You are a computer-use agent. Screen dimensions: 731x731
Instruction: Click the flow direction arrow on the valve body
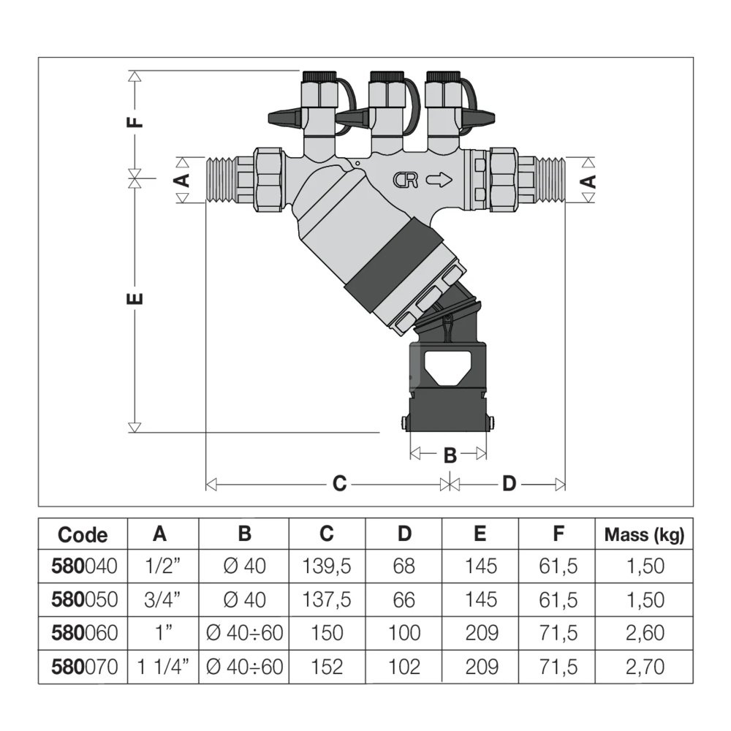(440, 180)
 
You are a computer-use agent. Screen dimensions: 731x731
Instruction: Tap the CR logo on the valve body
(406, 180)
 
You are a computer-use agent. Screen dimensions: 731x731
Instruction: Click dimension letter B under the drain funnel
(450, 455)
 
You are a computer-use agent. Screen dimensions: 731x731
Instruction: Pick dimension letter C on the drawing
(339, 484)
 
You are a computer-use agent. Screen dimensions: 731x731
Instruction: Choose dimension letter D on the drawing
(509, 484)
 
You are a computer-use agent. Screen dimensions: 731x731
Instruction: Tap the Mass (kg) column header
(644, 534)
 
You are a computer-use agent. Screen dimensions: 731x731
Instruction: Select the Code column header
(83, 535)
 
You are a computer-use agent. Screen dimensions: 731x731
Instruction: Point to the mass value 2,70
(644, 667)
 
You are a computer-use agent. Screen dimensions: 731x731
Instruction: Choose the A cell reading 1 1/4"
(162, 667)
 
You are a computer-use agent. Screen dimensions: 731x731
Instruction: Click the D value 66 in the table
(404, 600)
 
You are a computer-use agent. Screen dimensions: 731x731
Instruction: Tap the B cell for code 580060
(244, 633)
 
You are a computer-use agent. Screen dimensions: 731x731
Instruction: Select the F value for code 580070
(558, 667)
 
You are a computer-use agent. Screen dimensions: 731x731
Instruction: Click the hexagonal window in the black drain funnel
(447, 366)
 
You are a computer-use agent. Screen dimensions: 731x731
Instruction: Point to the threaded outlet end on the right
(551, 180)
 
